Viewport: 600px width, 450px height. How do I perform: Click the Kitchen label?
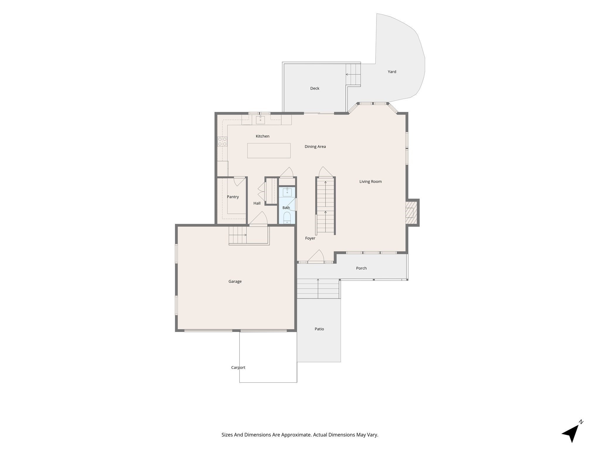click(x=262, y=136)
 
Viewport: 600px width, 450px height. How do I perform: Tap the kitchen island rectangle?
click(x=269, y=151)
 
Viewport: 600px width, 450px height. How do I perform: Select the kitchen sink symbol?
click(x=260, y=120)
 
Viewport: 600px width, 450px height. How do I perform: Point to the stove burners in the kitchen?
click(x=222, y=142)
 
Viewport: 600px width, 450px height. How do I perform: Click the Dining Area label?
click(x=315, y=146)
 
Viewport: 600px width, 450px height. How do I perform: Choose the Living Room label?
click(x=371, y=182)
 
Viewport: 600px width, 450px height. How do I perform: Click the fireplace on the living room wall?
click(x=412, y=213)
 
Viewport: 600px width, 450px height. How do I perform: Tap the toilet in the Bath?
click(x=287, y=218)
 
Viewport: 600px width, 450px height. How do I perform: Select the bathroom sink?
click(x=287, y=192)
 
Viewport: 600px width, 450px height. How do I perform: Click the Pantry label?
click(x=233, y=197)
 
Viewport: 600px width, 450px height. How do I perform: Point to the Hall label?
click(x=257, y=203)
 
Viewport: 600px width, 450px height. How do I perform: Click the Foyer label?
click(x=310, y=238)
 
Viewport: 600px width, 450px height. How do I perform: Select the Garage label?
click(x=235, y=282)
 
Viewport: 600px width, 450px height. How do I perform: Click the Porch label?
click(x=361, y=268)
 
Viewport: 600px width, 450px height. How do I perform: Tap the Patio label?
click(x=319, y=329)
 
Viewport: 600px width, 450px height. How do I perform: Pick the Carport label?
click(x=238, y=367)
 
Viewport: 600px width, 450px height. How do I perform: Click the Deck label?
click(x=315, y=88)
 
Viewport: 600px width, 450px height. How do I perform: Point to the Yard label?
click(x=392, y=72)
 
